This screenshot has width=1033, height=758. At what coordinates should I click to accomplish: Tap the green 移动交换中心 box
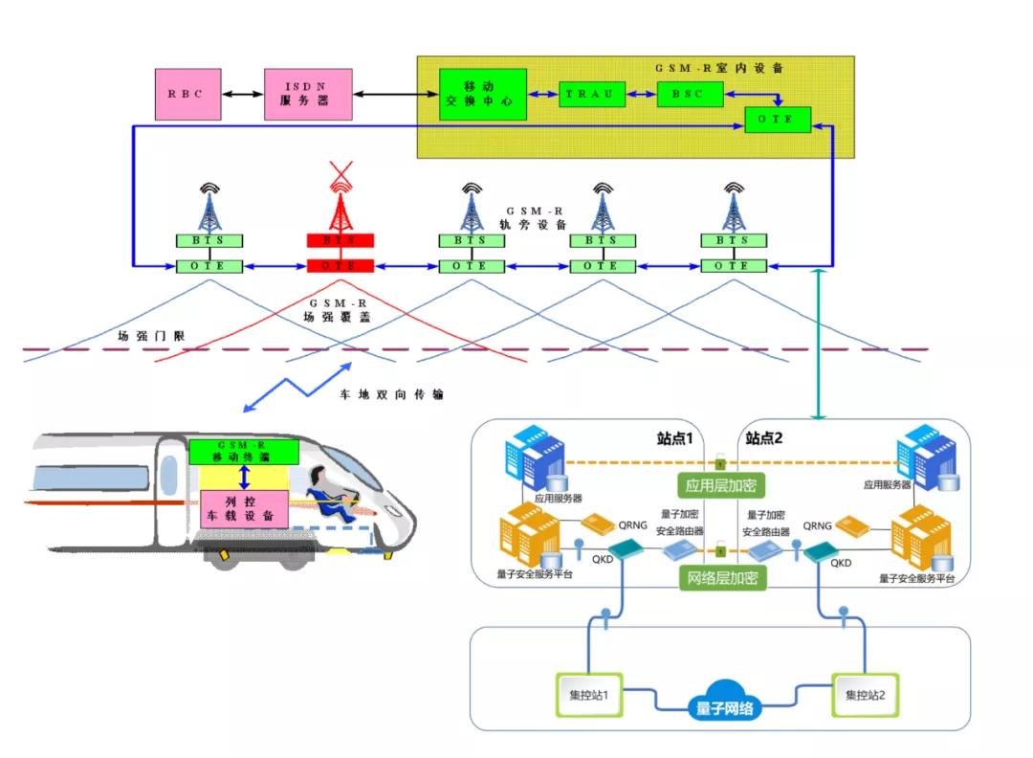(483, 94)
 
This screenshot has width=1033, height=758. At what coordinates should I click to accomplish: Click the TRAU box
(592, 94)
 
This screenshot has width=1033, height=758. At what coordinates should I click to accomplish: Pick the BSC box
(688, 94)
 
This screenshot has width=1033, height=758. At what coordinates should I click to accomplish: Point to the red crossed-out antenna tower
(340, 199)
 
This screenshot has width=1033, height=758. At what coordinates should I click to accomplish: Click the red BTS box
(340, 240)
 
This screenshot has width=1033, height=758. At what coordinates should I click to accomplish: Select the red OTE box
(340, 265)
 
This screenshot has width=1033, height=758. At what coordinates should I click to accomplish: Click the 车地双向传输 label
(392, 393)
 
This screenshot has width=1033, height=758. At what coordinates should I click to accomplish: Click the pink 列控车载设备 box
(244, 508)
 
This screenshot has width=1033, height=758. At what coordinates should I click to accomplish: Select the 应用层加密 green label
(722, 485)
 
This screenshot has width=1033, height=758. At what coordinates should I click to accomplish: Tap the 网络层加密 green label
(722, 577)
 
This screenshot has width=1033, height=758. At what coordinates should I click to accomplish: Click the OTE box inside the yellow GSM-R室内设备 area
(778, 120)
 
